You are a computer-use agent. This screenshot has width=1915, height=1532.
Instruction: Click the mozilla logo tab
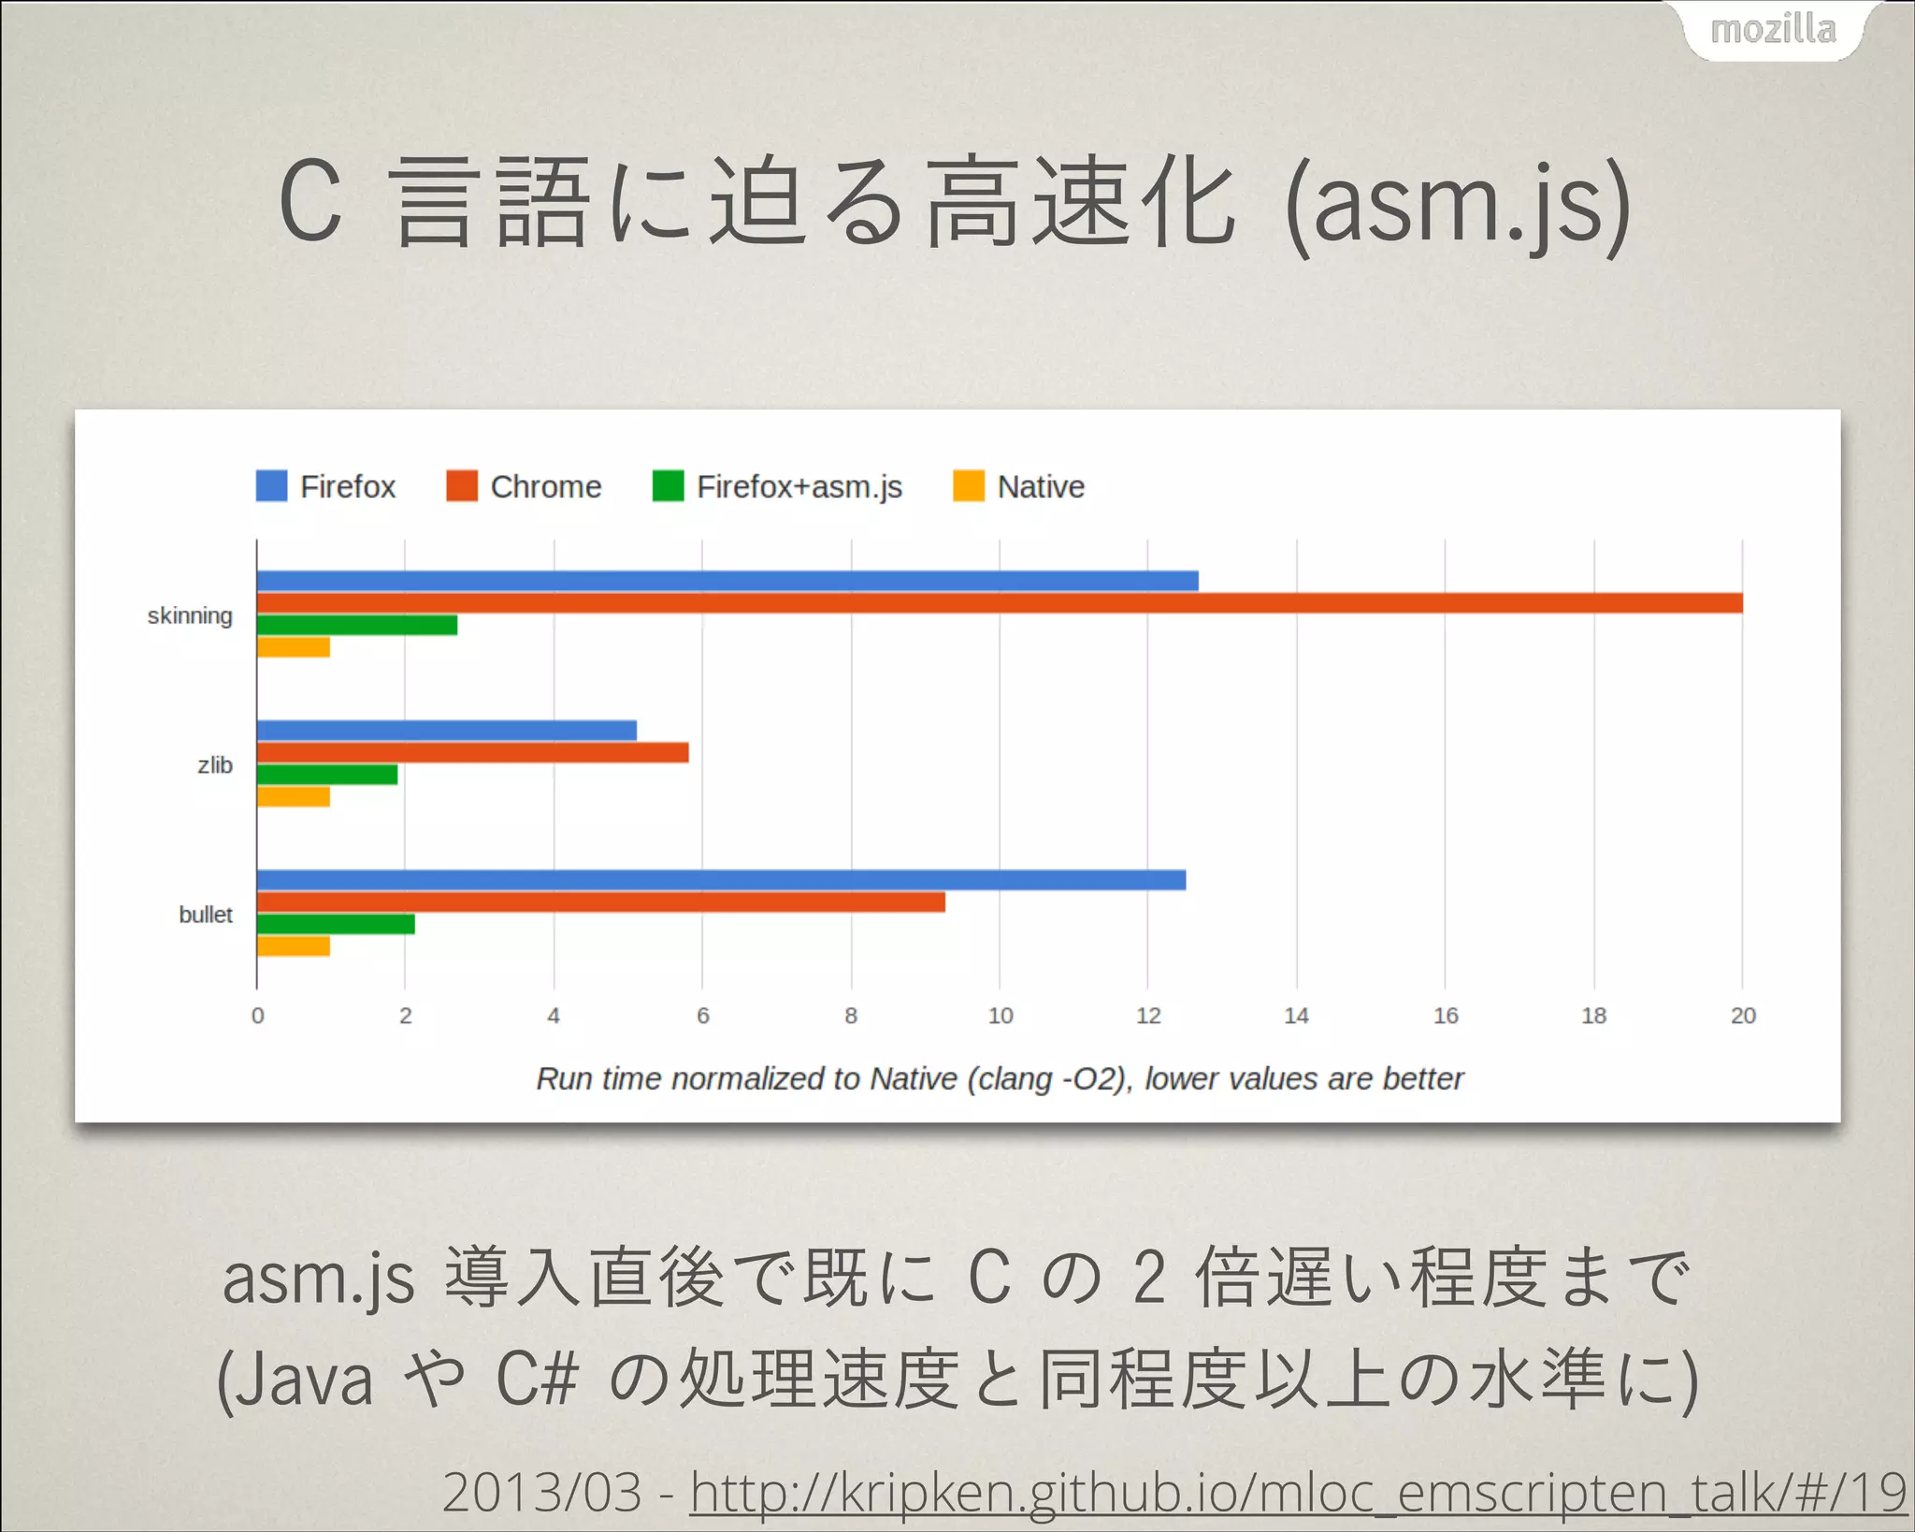click(1773, 30)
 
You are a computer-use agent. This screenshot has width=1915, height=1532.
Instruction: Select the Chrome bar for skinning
click(999, 602)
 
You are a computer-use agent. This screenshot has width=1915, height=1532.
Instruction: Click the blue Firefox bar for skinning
click(727, 581)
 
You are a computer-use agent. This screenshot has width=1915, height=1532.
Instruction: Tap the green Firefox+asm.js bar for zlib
click(327, 774)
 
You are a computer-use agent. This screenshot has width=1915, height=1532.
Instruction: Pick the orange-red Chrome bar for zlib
click(472, 752)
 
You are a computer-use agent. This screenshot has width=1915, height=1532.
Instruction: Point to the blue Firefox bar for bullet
click(721, 880)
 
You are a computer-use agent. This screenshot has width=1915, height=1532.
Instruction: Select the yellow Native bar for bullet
click(294, 947)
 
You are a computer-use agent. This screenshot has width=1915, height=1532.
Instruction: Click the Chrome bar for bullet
click(600, 902)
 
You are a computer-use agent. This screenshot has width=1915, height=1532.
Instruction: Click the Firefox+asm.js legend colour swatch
click(668, 486)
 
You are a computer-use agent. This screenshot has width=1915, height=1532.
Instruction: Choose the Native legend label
click(1041, 487)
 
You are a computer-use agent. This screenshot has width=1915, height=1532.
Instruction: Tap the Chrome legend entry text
click(546, 487)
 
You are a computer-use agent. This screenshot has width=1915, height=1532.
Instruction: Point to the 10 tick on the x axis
click(1000, 1016)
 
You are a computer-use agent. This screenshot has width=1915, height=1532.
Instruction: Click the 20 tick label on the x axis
click(1743, 1016)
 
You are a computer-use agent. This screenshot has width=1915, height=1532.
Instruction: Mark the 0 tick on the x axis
click(257, 1016)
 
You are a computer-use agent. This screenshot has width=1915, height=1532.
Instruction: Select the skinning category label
click(190, 616)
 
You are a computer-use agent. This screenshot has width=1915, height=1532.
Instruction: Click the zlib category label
click(215, 765)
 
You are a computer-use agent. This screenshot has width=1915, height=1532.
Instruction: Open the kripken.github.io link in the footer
click(1298, 1492)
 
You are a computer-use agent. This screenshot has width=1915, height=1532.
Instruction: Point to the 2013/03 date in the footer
click(542, 1492)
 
